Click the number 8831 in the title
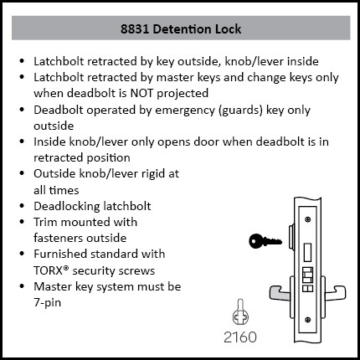(x=135, y=29)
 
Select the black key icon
(x=265, y=241)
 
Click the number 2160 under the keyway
(x=240, y=337)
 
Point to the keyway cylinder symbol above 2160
(x=240, y=313)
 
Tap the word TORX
(x=49, y=270)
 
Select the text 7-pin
(x=47, y=303)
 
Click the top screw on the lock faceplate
(x=308, y=219)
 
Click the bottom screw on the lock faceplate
(x=308, y=320)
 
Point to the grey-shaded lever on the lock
(x=279, y=294)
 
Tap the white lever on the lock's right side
(x=334, y=293)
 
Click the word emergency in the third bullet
(x=185, y=111)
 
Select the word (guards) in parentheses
(x=241, y=111)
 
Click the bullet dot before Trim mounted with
(x=23, y=222)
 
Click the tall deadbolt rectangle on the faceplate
(x=307, y=252)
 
